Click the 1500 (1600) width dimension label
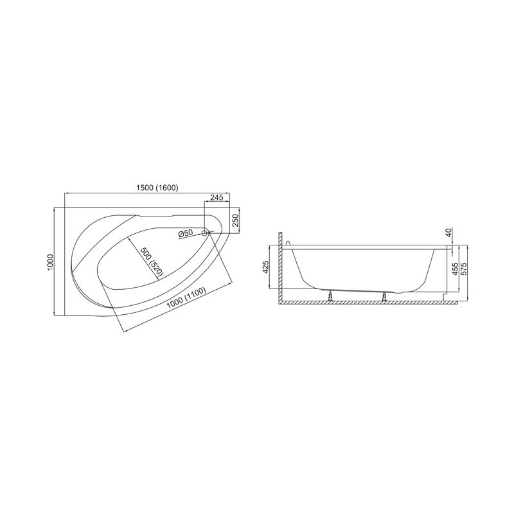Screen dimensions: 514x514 [x=157, y=188]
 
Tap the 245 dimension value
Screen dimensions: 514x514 [x=217, y=197]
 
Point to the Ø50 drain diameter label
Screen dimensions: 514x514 [x=185, y=234]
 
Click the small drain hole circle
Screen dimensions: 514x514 [x=205, y=233]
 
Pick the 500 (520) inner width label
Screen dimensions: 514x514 [x=152, y=261]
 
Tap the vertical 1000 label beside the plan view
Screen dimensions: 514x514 [x=50, y=262]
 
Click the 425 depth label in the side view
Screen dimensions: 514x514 [x=266, y=267]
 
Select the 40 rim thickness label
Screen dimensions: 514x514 [x=448, y=233]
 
